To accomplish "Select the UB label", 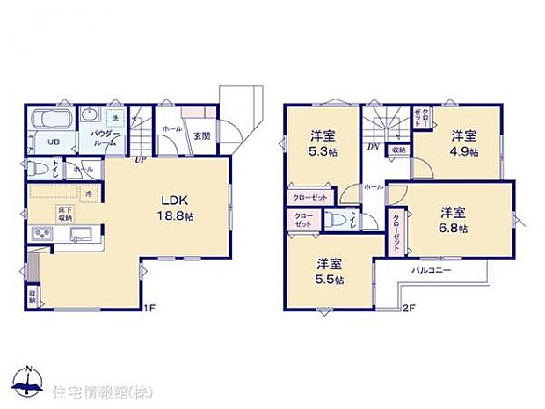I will click(x=52, y=142).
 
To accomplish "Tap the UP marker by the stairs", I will click(x=140, y=161).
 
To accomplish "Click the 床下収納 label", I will click(x=41, y=215).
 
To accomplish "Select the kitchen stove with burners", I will click(x=40, y=234).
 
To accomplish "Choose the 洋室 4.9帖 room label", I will click(x=464, y=142).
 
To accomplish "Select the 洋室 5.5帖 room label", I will click(x=330, y=272).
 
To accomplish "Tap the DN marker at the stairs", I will click(x=372, y=147).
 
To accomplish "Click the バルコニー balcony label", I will click(x=431, y=270).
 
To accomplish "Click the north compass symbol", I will click(x=29, y=382).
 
